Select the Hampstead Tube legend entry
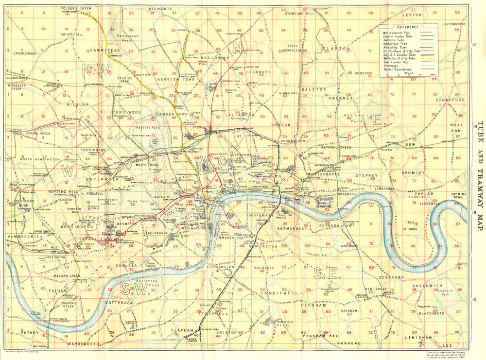tap(395, 43)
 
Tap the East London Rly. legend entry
tap(396, 62)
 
